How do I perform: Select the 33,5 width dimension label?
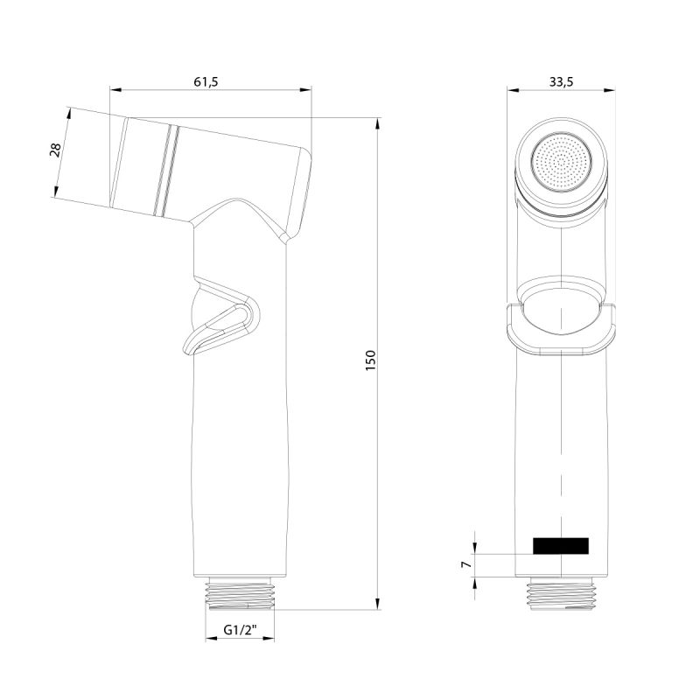[560, 81]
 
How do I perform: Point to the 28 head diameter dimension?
[55, 150]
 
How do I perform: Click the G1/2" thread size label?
[239, 629]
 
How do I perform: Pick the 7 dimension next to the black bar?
[466, 566]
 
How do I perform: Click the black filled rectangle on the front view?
[560, 546]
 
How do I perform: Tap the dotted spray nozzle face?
[560, 161]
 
